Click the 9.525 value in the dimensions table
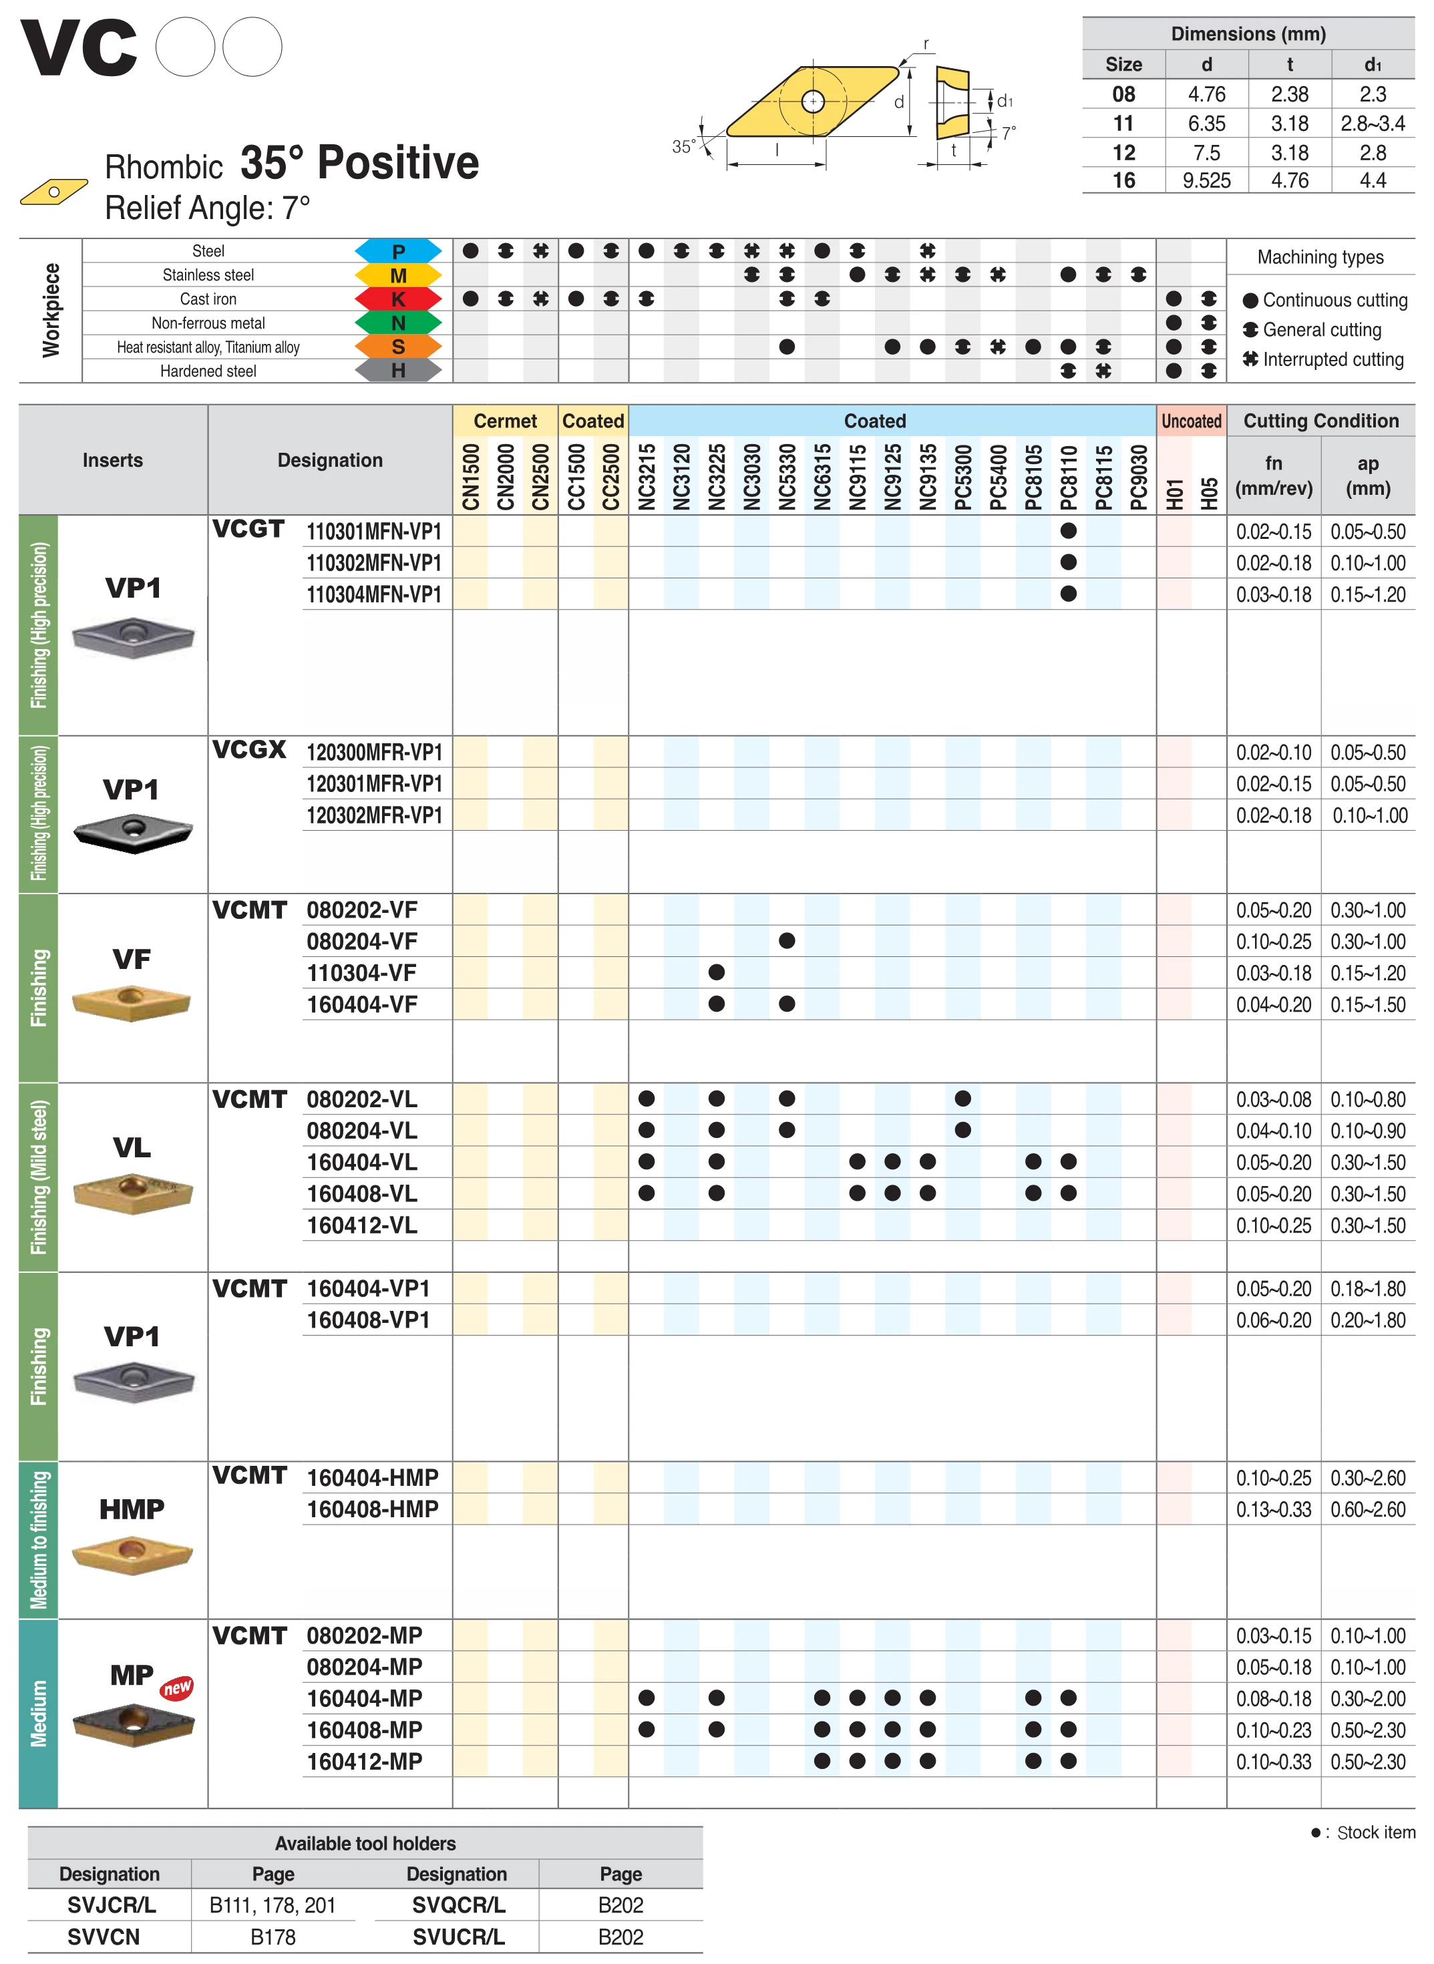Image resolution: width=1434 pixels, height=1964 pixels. tap(1206, 180)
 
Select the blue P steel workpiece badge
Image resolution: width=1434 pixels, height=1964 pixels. tap(399, 252)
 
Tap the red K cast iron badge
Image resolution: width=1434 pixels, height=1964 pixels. tap(399, 299)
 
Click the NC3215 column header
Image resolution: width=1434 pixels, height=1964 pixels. tap(646, 476)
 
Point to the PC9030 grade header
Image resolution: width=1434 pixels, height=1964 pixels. tap(1139, 476)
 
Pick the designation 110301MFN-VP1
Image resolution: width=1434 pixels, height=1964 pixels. tap(374, 531)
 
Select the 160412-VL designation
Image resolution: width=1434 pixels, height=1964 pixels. tap(362, 1225)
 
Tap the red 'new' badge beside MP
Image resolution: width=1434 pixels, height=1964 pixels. tap(177, 1687)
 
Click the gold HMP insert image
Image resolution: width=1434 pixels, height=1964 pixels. tap(132, 1555)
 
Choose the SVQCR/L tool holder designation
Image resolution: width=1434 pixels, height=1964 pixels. tap(458, 1905)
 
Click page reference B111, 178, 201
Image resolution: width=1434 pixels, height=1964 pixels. tap(273, 1905)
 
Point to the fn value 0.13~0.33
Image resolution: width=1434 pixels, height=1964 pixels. tap(1274, 1509)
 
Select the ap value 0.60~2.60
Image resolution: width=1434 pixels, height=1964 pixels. tap(1368, 1509)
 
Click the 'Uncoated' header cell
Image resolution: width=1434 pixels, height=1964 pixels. tap(1191, 421)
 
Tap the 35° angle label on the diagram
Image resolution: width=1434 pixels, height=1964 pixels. tap(683, 147)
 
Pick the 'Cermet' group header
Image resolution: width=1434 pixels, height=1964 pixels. tap(505, 421)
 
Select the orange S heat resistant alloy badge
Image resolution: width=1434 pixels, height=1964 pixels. tap(399, 347)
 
